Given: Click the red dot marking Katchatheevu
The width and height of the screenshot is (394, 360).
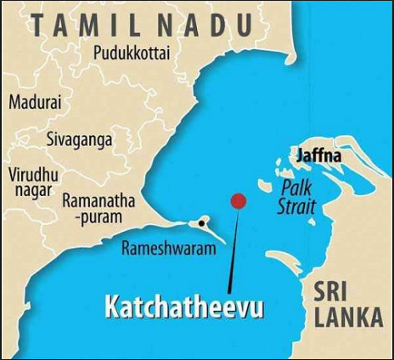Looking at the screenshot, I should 239,201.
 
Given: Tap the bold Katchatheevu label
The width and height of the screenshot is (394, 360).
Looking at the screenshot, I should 183,307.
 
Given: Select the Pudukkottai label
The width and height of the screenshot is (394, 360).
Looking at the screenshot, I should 132,53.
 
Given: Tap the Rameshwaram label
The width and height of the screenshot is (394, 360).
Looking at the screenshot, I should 166,249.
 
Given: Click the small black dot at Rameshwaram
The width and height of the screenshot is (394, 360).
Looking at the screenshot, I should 201,223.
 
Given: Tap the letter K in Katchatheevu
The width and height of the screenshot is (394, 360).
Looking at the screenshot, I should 111,307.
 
